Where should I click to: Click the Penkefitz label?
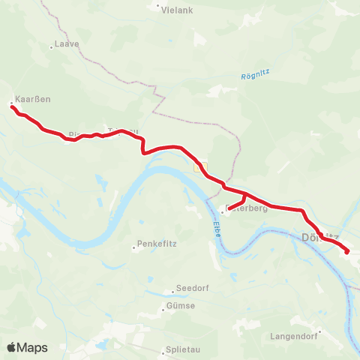pyautogui.click(x=155, y=245)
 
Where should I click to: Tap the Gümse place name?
pyautogui.click(x=181, y=305)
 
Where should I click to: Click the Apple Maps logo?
pyautogui.click(x=27, y=347)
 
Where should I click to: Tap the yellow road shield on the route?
pyautogui.click(x=198, y=169)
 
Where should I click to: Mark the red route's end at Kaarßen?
pyautogui.click(x=12, y=107)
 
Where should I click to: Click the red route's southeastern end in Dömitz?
pyautogui.click(x=347, y=253)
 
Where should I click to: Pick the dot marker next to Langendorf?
pyautogui.click(x=319, y=331)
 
